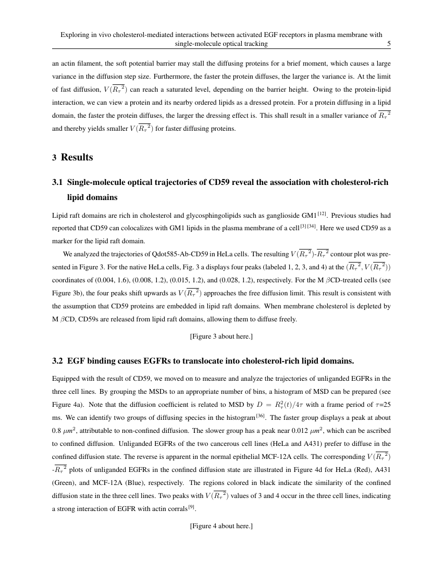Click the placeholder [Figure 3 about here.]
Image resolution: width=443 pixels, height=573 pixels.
pos(221,337)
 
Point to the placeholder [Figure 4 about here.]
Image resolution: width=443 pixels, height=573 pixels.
pos(221,526)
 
